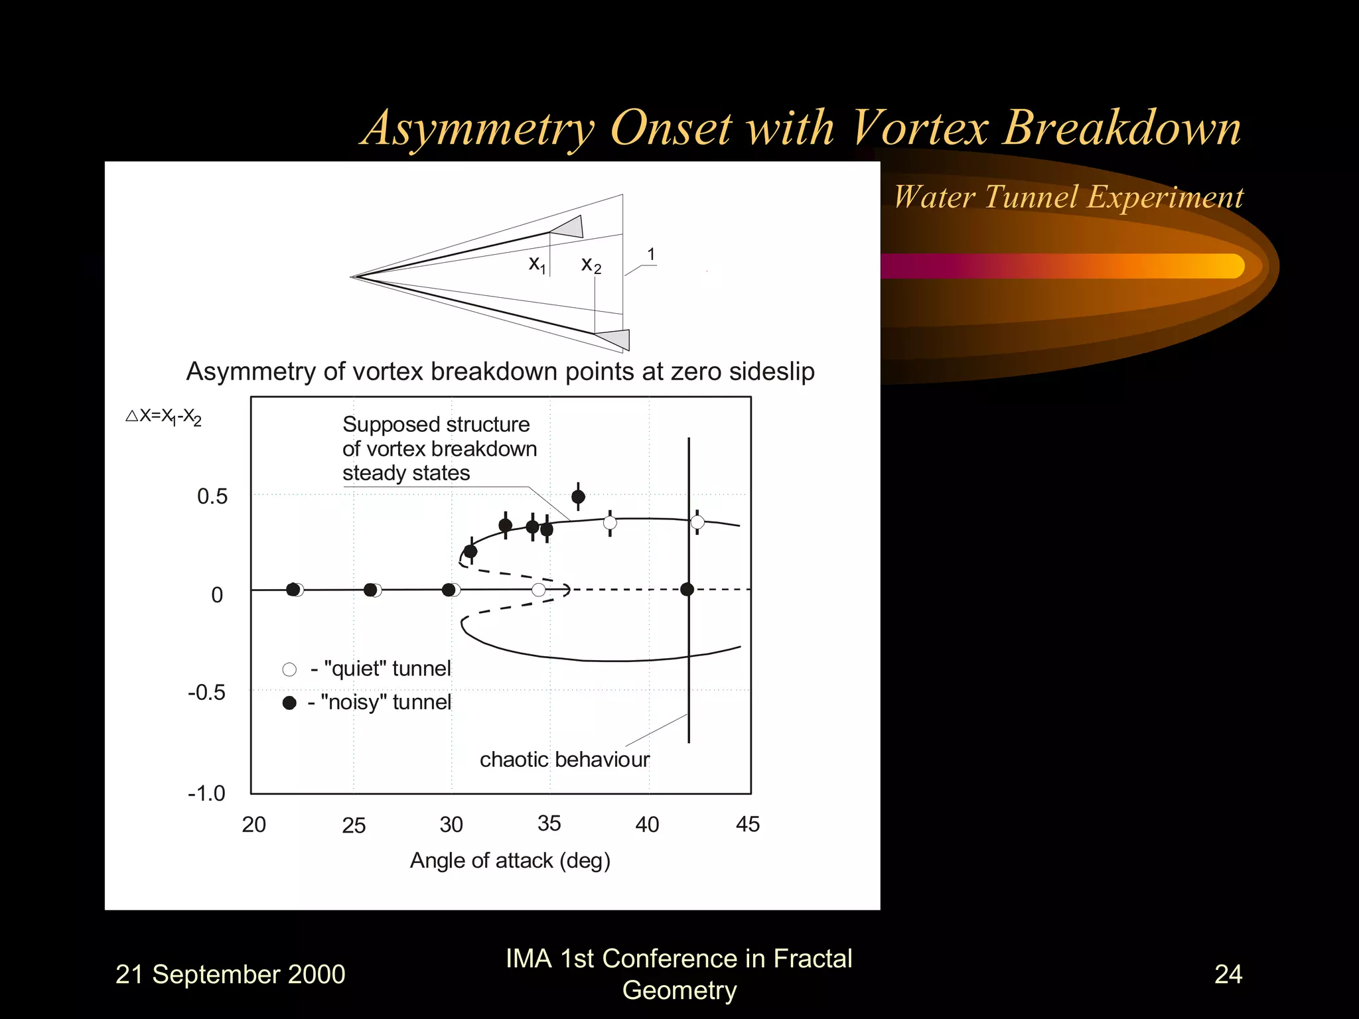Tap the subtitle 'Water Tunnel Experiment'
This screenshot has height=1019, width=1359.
pos(1068,197)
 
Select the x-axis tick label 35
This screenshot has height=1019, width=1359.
pos(549,823)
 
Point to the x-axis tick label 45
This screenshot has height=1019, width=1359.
pos(747,825)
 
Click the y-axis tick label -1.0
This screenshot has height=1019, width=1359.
pos(206,793)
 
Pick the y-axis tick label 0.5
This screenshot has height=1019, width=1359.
pos(212,496)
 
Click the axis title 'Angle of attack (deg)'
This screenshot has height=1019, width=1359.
pos(510,860)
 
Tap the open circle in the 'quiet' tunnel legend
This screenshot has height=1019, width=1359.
pos(289,669)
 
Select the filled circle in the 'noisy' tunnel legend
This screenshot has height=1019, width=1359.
pos(289,703)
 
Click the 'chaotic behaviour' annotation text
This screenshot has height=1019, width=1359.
pos(564,760)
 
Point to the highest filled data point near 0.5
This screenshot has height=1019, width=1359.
pos(578,496)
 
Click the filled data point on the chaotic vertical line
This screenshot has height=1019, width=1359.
pos(687,589)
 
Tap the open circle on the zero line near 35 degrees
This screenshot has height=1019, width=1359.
pos(539,590)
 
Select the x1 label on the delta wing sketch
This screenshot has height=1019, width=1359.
pos(537,264)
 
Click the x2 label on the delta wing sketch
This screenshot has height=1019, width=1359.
pos(591,265)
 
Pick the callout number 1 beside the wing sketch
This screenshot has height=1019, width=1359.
pos(651,255)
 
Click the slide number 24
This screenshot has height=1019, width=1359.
pos(1228,974)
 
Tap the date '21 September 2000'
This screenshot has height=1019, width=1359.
pos(230,975)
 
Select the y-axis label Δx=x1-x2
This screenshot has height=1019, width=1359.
pos(163,417)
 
